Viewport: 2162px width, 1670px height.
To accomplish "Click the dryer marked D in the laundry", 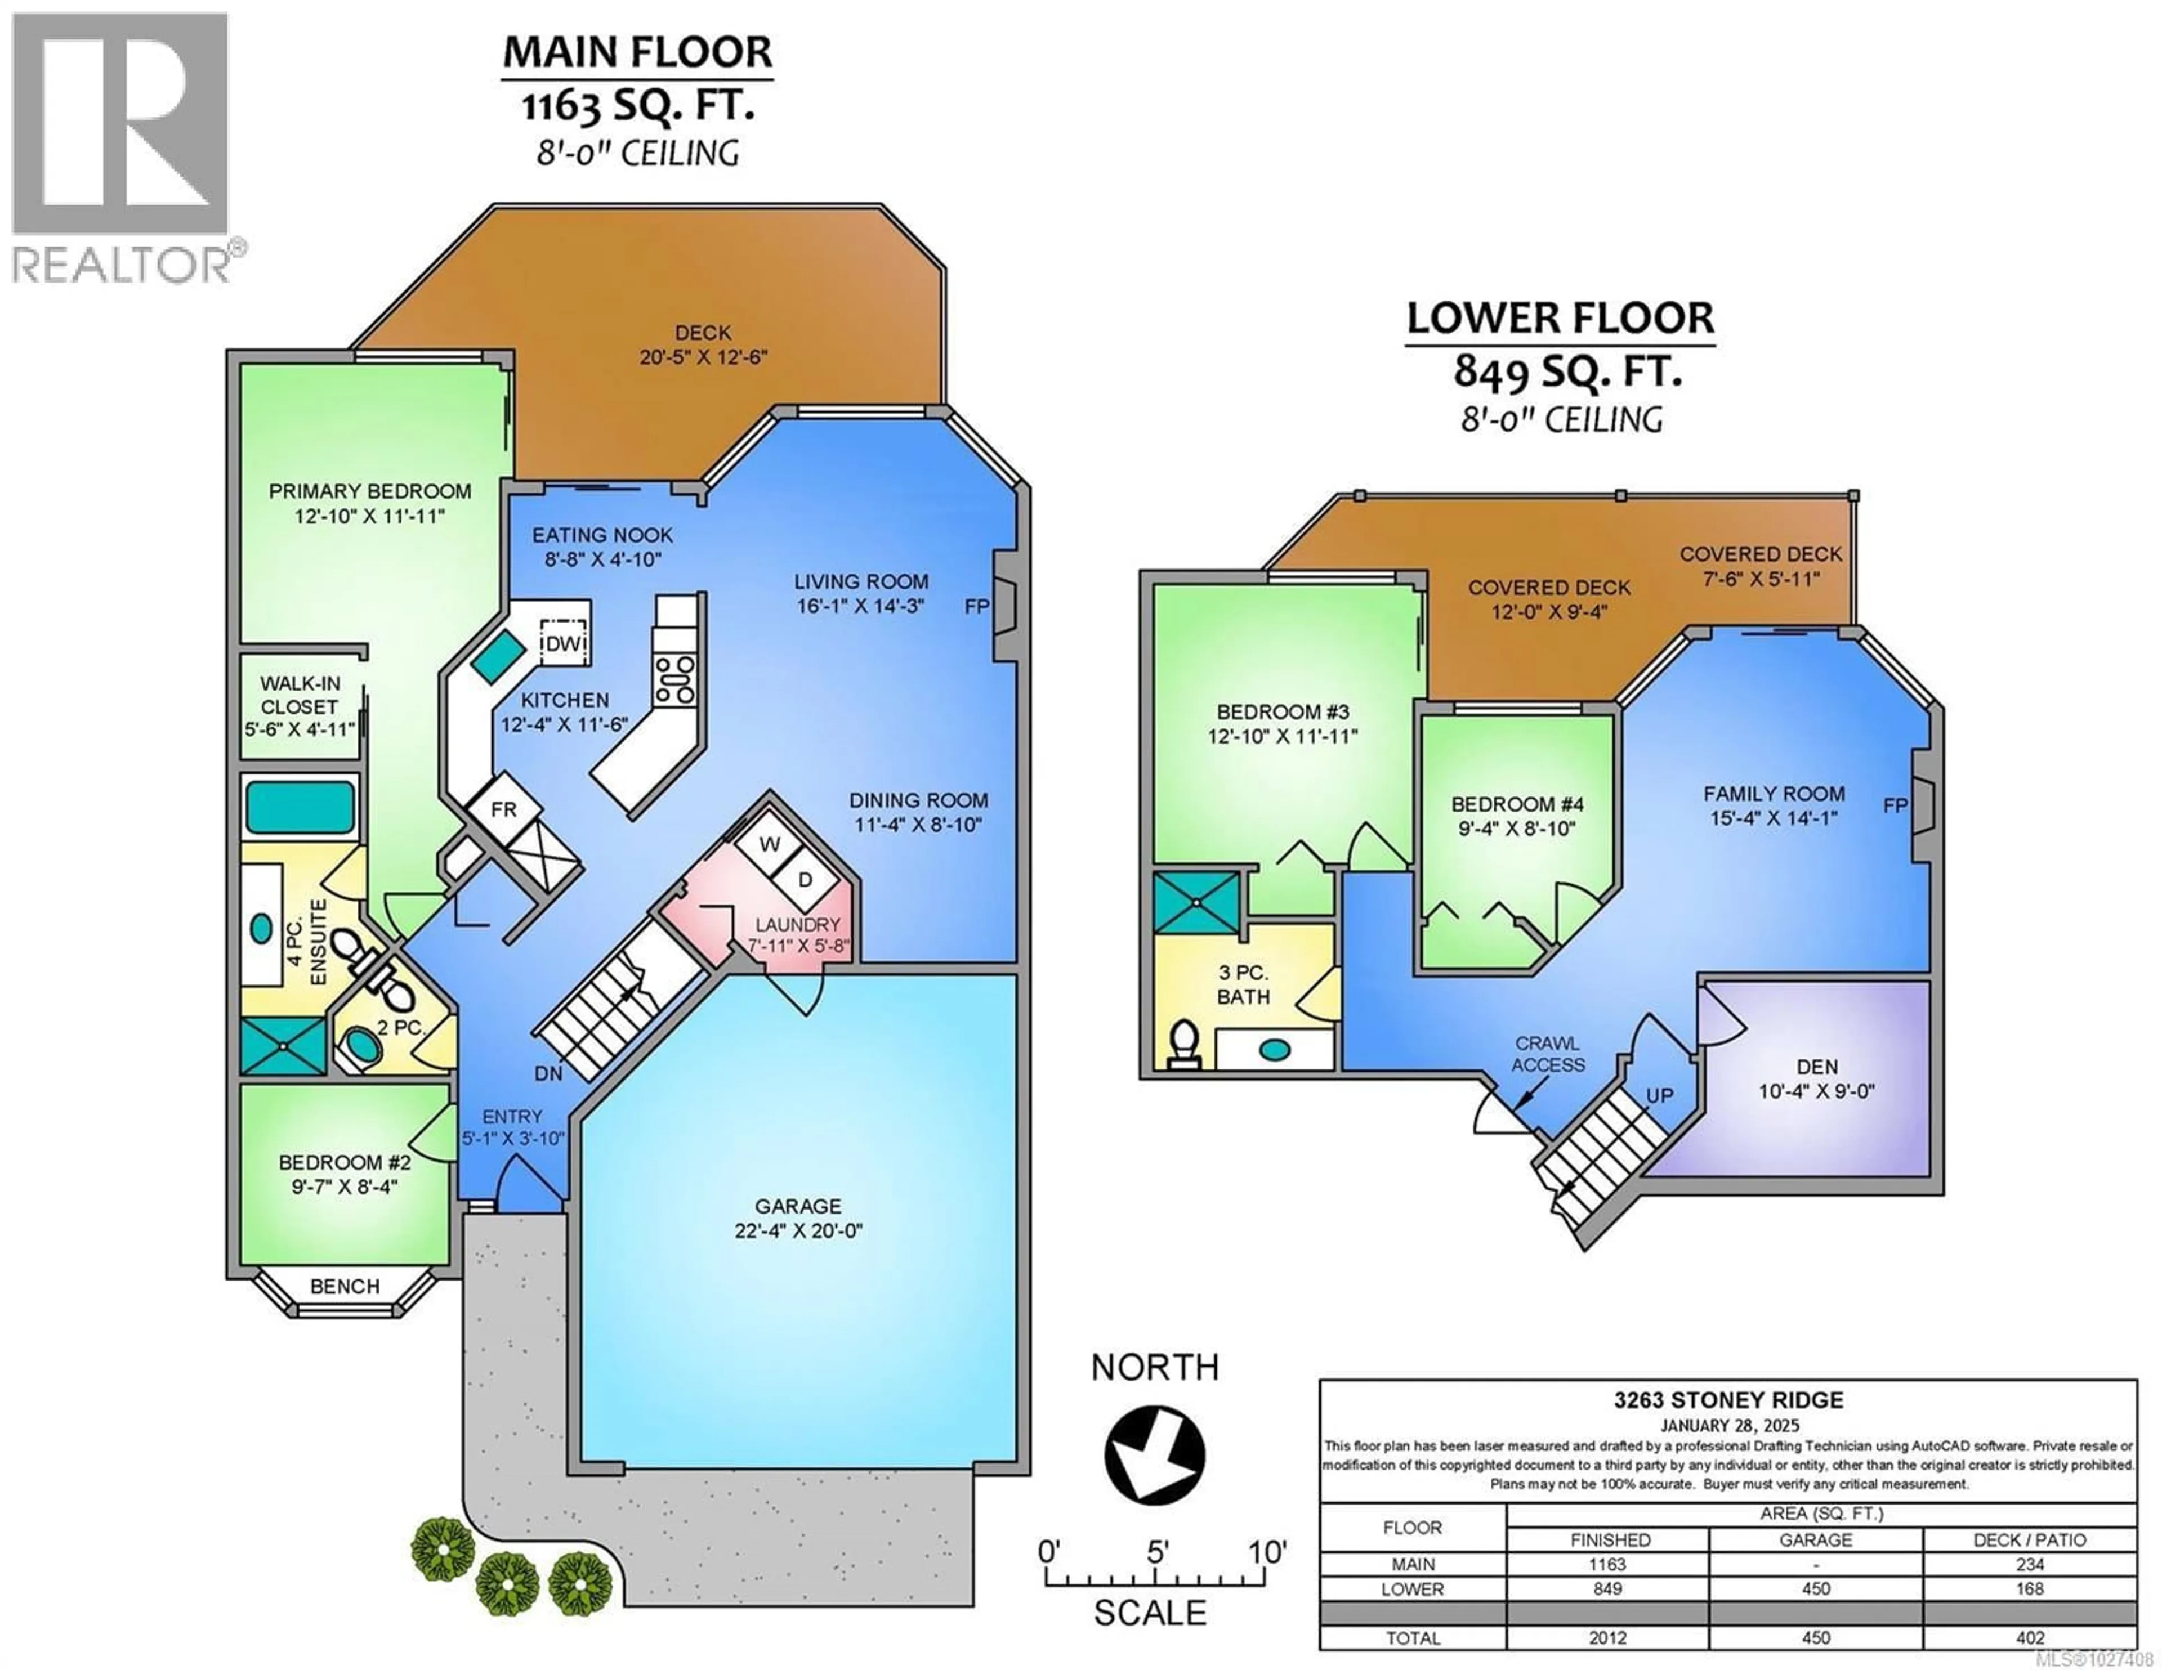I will tap(805, 879).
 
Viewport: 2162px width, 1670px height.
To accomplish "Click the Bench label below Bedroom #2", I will tap(345, 1286).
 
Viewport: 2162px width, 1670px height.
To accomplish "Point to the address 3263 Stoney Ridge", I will tap(1728, 1400).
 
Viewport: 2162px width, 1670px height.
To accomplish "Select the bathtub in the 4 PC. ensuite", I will tap(299, 807).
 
